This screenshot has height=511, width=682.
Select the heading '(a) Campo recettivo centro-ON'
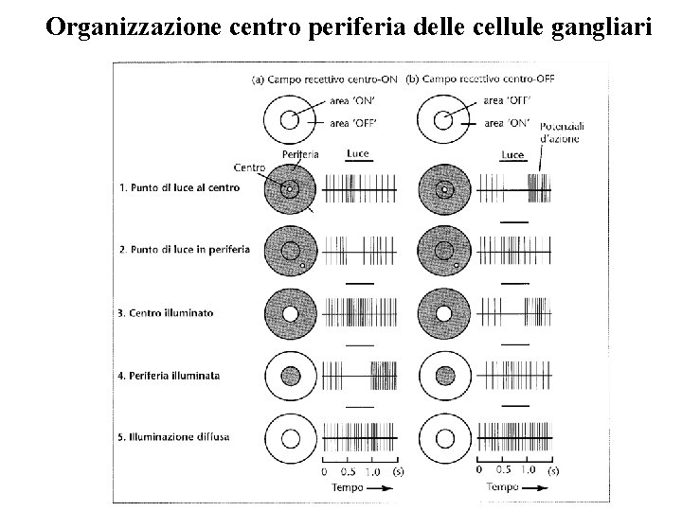click(324, 79)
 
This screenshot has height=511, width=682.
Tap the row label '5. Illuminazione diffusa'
click(175, 436)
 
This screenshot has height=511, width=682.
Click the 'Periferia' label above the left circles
click(300, 153)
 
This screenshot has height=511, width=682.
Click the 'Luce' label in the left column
click(358, 152)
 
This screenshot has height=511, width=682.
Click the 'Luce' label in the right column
click(512, 154)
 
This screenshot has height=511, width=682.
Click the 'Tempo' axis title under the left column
click(347, 487)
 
